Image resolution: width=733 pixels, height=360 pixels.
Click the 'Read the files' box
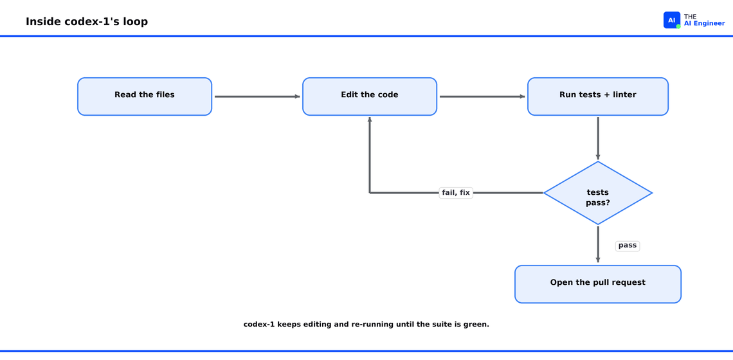pyautogui.click(x=145, y=96)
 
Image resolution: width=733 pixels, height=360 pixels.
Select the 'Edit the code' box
pyautogui.click(x=369, y=96)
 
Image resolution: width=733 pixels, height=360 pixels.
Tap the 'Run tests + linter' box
pyautogui.click(x=598, y=96)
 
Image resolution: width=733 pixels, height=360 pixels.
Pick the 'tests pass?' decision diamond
pyautogui.click(x=598, y=193)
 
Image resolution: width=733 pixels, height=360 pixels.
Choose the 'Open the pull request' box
pyautogui.click(x=598, y=284)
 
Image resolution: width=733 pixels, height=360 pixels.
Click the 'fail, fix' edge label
pyautogui.click(x=456, y=193)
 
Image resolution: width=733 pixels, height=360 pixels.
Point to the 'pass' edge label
pyautogui.click(x=628, y=246)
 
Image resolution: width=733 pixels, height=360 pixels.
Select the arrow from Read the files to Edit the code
pyautogui.click(x=257, y=97)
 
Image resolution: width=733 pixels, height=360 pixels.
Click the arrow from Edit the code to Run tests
pyautogui.click(x=482, y=97)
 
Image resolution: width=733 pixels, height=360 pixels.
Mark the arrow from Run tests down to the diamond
pyautogui.click(x=598, y=138)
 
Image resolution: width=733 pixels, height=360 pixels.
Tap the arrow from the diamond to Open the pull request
pyautogui.click(x=598, y=244)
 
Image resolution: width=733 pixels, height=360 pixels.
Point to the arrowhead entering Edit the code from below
pyautogui.click(x=370, y=120)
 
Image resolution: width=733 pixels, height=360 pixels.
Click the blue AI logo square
pyautogui.click(x=672, y=20)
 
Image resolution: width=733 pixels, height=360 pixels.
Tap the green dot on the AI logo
pyautogui.click(x=678, y=26)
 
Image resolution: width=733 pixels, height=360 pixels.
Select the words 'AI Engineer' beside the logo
pyautogui.click(x=705, y=23)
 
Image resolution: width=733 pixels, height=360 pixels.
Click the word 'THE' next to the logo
pyautogui.click(x=690, y=17)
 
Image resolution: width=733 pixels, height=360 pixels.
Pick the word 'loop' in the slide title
pyautogui.click(x=136, y=22)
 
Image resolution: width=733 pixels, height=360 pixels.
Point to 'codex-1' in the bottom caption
pyautogui.click(x=260, y=325)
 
